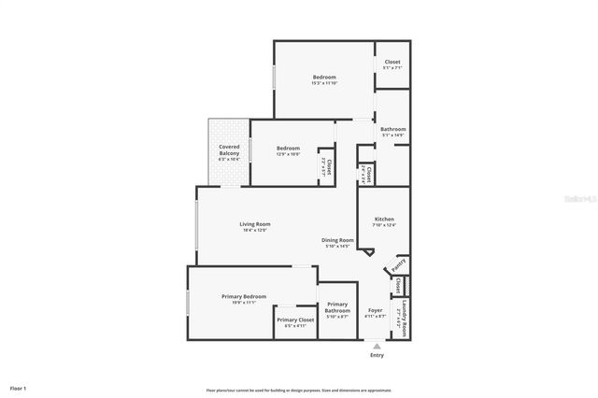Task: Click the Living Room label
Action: (255, 223)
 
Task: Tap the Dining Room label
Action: (337, 240)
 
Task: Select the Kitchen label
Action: (385, 219)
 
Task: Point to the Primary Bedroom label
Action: (244, 297)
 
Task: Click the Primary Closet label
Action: (295, 320)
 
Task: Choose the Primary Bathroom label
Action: (337, 306)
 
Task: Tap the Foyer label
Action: (375, 310)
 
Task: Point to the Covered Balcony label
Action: (229, 149)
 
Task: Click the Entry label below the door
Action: (377, 355)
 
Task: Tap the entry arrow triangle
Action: (377, 346)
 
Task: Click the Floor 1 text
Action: (19, 388)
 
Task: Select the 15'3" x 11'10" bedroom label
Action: (324, 79)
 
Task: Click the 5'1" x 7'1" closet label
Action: (392, 64)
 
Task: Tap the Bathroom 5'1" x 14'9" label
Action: (392, 132)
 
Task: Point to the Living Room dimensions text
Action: (255, 230)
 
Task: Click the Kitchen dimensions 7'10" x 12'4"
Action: (385, 225)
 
